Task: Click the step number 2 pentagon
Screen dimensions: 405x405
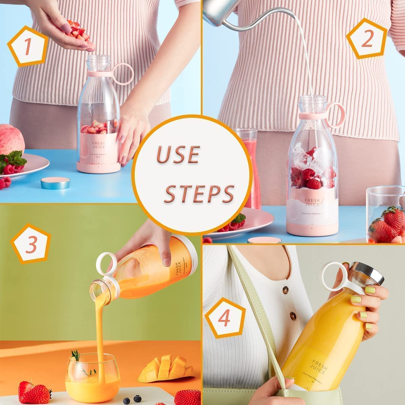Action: coord(366,40)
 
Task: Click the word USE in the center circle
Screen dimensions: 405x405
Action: coord(178,155)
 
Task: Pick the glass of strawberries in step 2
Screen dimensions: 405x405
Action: coord(386,216)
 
